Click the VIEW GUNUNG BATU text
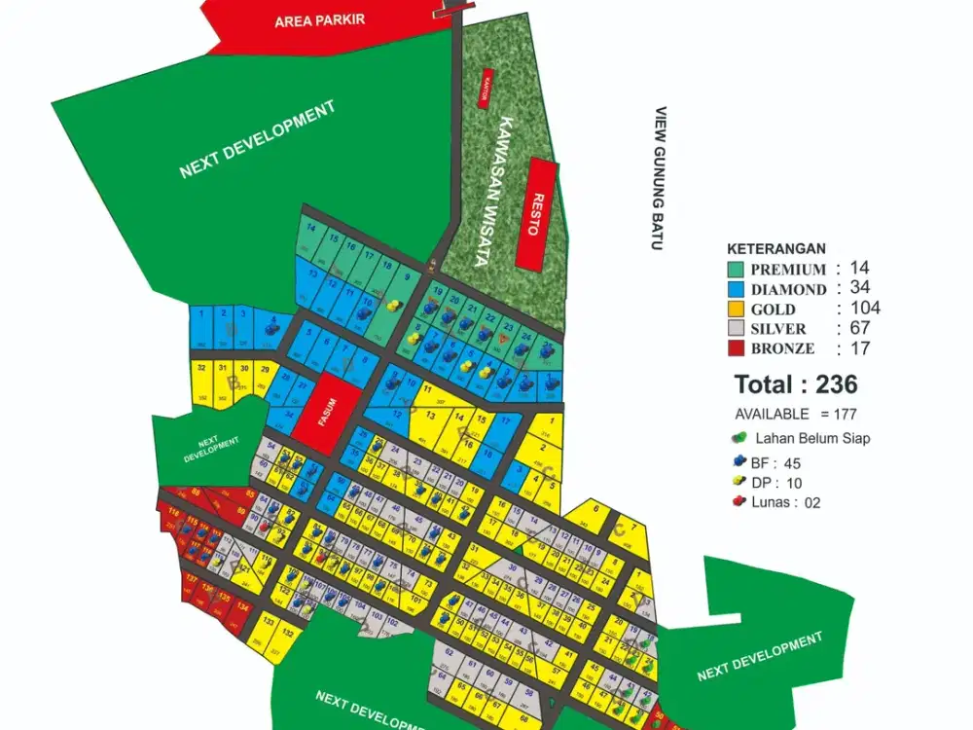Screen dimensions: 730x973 coord(660,178)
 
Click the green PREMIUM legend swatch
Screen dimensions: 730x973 coord(737,270)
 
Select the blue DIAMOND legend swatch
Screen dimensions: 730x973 coord(737,289)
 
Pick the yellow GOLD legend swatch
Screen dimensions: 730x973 coord(737,310)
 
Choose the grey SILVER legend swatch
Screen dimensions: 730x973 coord(737,329)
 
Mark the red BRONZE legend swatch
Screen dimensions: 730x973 coord(737,348)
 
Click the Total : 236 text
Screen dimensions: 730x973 coord(795,383)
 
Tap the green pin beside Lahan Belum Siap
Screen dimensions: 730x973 coord(741,438)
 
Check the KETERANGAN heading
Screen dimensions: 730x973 coord(775,249)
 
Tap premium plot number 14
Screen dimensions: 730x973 coord(311,230)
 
